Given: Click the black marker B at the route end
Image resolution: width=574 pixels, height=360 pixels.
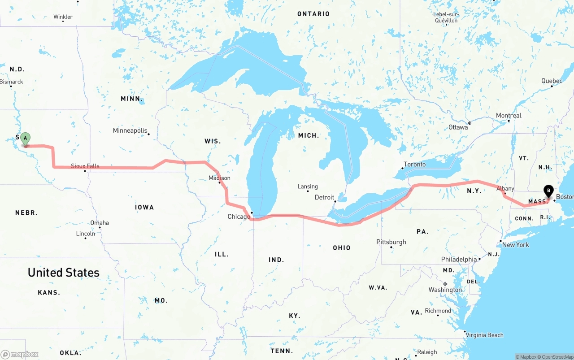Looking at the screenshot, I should click(548, 191).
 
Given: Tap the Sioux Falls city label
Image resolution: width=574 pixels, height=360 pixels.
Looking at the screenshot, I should click(85, 166).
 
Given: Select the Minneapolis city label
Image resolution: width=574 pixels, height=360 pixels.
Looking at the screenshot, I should click(130, 130).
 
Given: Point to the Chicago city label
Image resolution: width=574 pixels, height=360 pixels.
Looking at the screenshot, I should click(239, 217).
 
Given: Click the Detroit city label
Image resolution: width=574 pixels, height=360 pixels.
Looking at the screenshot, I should click(324, 197).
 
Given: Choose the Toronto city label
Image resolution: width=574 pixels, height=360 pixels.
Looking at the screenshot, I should click(415, 165).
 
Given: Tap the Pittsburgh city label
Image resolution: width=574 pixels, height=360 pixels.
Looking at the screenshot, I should click(391, 242).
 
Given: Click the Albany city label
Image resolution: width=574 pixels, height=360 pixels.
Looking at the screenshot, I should click(505, 189).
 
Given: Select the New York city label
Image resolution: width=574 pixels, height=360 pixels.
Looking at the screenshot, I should click(515, 245).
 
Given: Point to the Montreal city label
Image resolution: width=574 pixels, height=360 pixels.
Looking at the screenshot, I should click(509, 116).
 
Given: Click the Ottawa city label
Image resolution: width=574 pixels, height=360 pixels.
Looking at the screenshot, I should click(458, 127).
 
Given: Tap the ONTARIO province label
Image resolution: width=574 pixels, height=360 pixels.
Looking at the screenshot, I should click(313, 14).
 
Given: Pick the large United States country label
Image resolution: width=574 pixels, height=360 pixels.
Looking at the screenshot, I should click(64, 273).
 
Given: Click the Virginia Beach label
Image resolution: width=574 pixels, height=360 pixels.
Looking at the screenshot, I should click(484, 335).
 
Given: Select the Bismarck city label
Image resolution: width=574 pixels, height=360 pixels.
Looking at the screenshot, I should click(12, 82).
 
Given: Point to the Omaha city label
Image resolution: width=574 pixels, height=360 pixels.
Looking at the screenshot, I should click(100, 223).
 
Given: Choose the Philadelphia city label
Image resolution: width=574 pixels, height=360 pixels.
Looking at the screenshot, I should click(459, 260).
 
